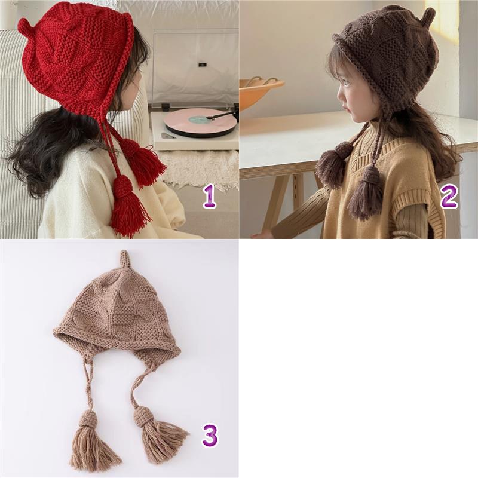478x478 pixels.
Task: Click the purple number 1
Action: coord(210,197)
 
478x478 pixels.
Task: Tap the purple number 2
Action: coord(449,197)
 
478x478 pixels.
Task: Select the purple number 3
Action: coord(210,436)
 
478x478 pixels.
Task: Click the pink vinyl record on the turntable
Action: coord(200,122)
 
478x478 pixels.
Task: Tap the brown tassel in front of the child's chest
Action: coord(332,163)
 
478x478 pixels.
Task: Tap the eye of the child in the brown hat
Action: coord(349,86)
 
